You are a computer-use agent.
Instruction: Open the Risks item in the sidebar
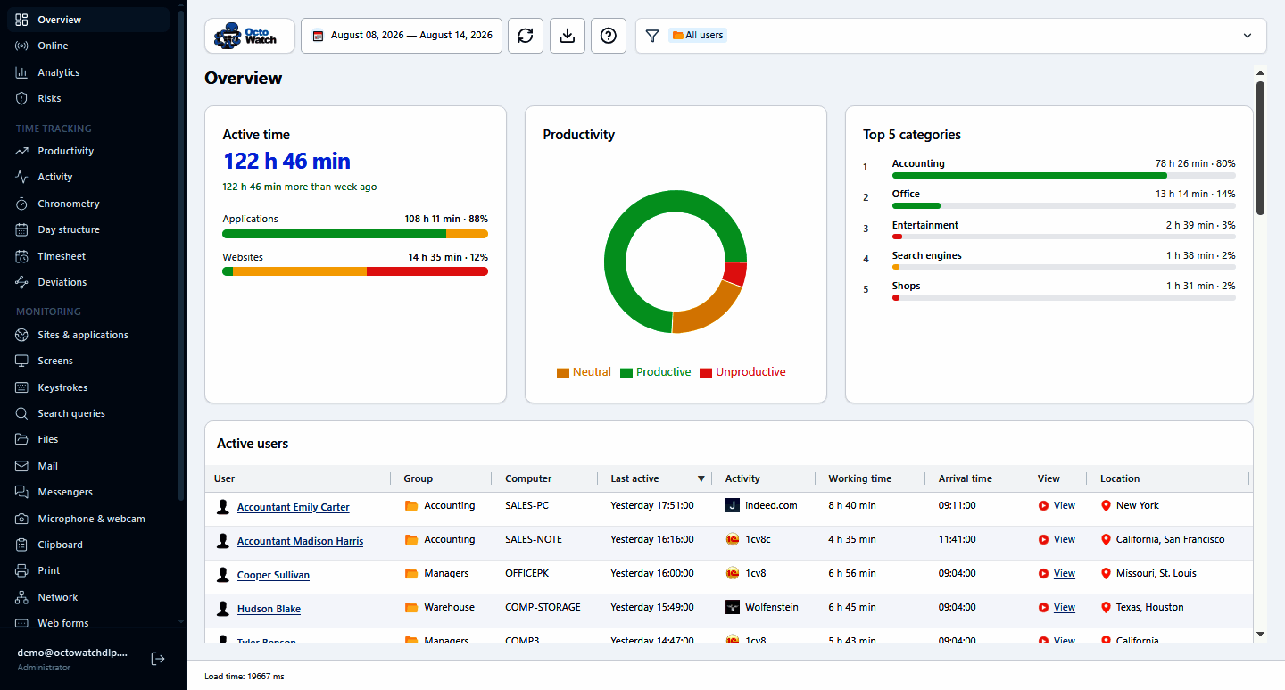click(x=49, y=98)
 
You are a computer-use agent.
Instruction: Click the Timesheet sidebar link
click(x=62, y=256)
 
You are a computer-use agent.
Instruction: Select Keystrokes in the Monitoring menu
click(x=62, y=387)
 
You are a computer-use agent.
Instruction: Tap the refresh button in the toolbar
click(x=526, y=36)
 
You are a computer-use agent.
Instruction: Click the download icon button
click(x=568, y=36)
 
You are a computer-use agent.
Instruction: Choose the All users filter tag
click(x=698, y=35)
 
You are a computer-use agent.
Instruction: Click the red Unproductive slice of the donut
click(x=735, y=273)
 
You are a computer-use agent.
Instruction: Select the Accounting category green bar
click(x=1029, y=175)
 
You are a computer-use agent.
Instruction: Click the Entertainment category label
click(x=924, y=225)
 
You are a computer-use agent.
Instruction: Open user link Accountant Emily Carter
click(x=293, y=507)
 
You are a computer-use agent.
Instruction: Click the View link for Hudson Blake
click(x=1064, y=607)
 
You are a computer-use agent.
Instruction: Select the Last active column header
click(x=634, y=478)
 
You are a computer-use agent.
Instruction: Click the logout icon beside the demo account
click(x=158, y=659)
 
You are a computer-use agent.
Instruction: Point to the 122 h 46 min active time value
click(x=286, y=161)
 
